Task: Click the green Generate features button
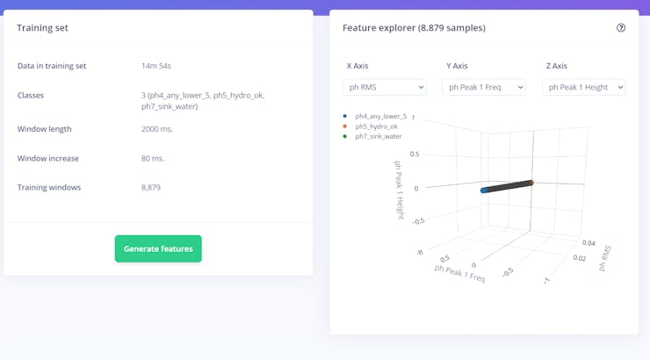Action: click(x=158, y=248)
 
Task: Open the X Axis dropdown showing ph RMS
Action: click(x=384, y=87)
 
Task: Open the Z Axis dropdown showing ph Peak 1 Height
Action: click(x=583, y=87)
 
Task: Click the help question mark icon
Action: click(x=621, y=28)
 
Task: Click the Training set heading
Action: click(x=43, y=28)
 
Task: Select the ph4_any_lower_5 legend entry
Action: click(x=380, y=116)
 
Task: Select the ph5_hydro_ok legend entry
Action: click(x=376, y=126)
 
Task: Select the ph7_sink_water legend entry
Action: click(x=378, y=136)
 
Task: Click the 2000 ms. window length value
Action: click(x=157, y=129)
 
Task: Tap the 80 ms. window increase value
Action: click(x=153, y=158)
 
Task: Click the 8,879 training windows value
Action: click(x=151, y=187)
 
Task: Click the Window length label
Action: click(x=45, y=129)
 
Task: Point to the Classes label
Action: click(x=31, y=95)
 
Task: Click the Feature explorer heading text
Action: click(x=414, y=28)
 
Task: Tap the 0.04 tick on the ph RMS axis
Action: click(x=588, y=241)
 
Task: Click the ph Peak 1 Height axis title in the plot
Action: click(x=400, y=190)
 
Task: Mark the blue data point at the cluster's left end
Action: click(x=484, y=190)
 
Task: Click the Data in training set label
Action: click(x=52, y=66)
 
